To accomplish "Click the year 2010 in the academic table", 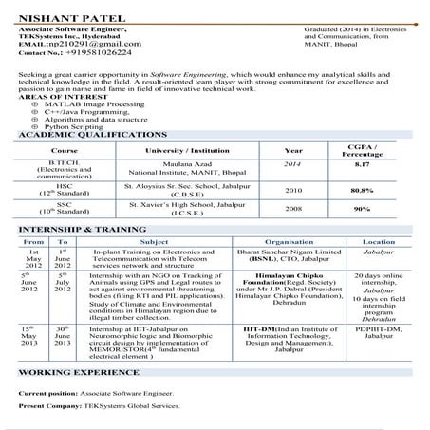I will (294, 216).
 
